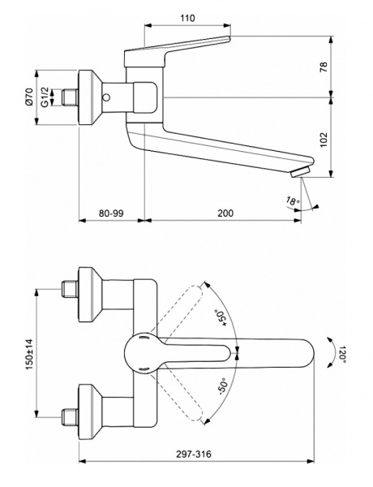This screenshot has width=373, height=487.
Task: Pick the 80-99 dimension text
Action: coord(111,213)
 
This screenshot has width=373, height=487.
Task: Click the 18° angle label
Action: coord(293,200)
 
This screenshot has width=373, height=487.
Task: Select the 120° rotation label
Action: coord(344,354)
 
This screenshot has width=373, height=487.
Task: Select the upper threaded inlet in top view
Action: coord(69,288)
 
